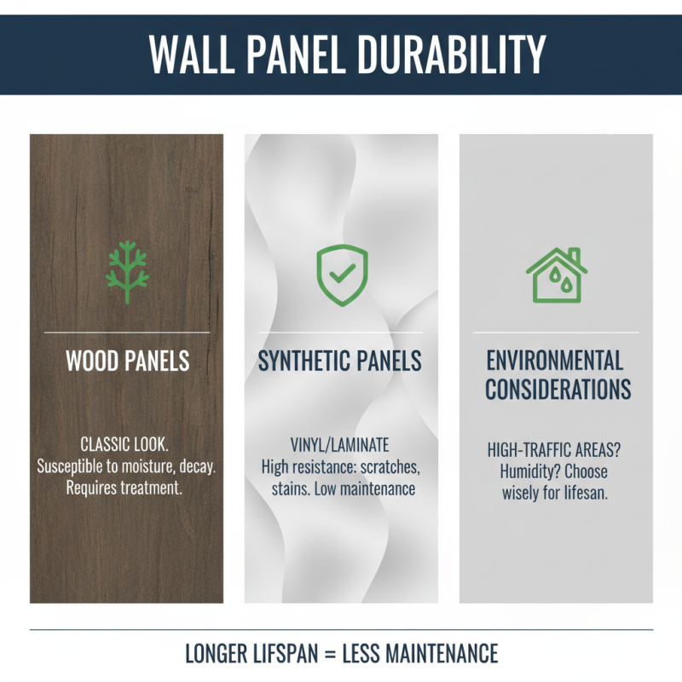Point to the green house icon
556,275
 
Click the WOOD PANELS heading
127,361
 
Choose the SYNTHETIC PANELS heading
340,361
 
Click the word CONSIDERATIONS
558,390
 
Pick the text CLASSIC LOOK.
126,444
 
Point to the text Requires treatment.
126,488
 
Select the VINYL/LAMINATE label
339,444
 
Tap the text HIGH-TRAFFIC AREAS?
555,449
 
